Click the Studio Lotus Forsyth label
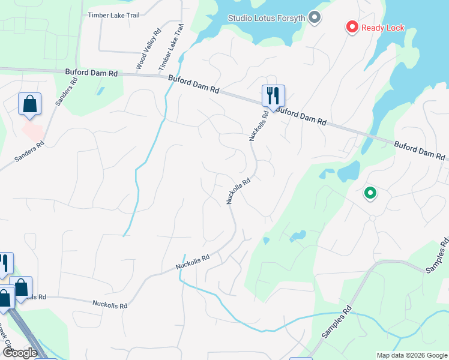coord(267,17)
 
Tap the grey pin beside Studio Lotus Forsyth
coord(315,17)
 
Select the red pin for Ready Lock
coord(352,27)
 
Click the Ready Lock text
coord(382,28)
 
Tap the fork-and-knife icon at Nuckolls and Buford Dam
coord(273,95)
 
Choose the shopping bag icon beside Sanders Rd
coord(29,104)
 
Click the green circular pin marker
coord(370,193)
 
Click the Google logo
coord(20,352)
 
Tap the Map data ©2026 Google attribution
coord(411,355)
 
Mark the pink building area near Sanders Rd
coord(32,130)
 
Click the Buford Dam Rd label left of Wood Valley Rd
coord(92,73)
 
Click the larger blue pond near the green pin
coord(348,172)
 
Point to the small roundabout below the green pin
coord(372,218)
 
